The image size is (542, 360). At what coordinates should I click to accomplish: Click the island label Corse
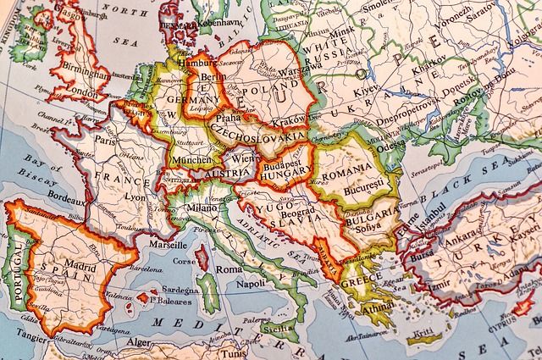[x=185, y=262]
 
